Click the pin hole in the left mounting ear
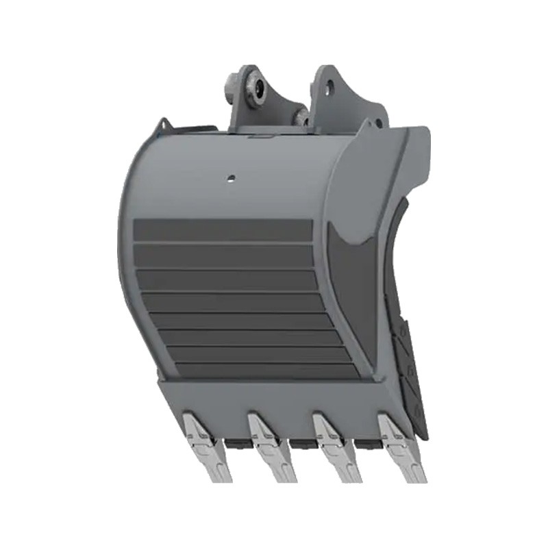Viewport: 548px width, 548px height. pos(254,86)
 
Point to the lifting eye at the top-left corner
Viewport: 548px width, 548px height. pos(162,126)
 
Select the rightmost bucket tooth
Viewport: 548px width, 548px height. pos(400,446)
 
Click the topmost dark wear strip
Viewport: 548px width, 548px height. pos(223,229)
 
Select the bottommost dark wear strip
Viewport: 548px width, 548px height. pos(260,371)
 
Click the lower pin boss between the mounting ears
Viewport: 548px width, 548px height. pos(301,118)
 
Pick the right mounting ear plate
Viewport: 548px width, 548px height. pos(336,103)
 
